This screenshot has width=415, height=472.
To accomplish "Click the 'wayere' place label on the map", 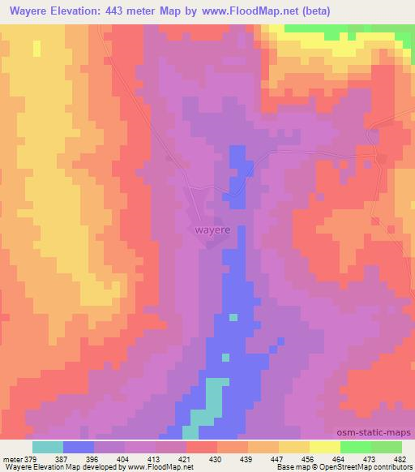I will click(x=212, y=230).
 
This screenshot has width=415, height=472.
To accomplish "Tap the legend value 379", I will click(x=33, y=459).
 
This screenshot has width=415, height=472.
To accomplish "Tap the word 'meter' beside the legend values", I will click(x=13, y=459).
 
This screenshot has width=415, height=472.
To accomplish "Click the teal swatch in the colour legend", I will click(x=48, y=447).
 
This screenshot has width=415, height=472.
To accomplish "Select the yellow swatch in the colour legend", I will click(x=324, y=447).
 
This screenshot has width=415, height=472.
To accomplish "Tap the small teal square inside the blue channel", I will click(x=233, y=317).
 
